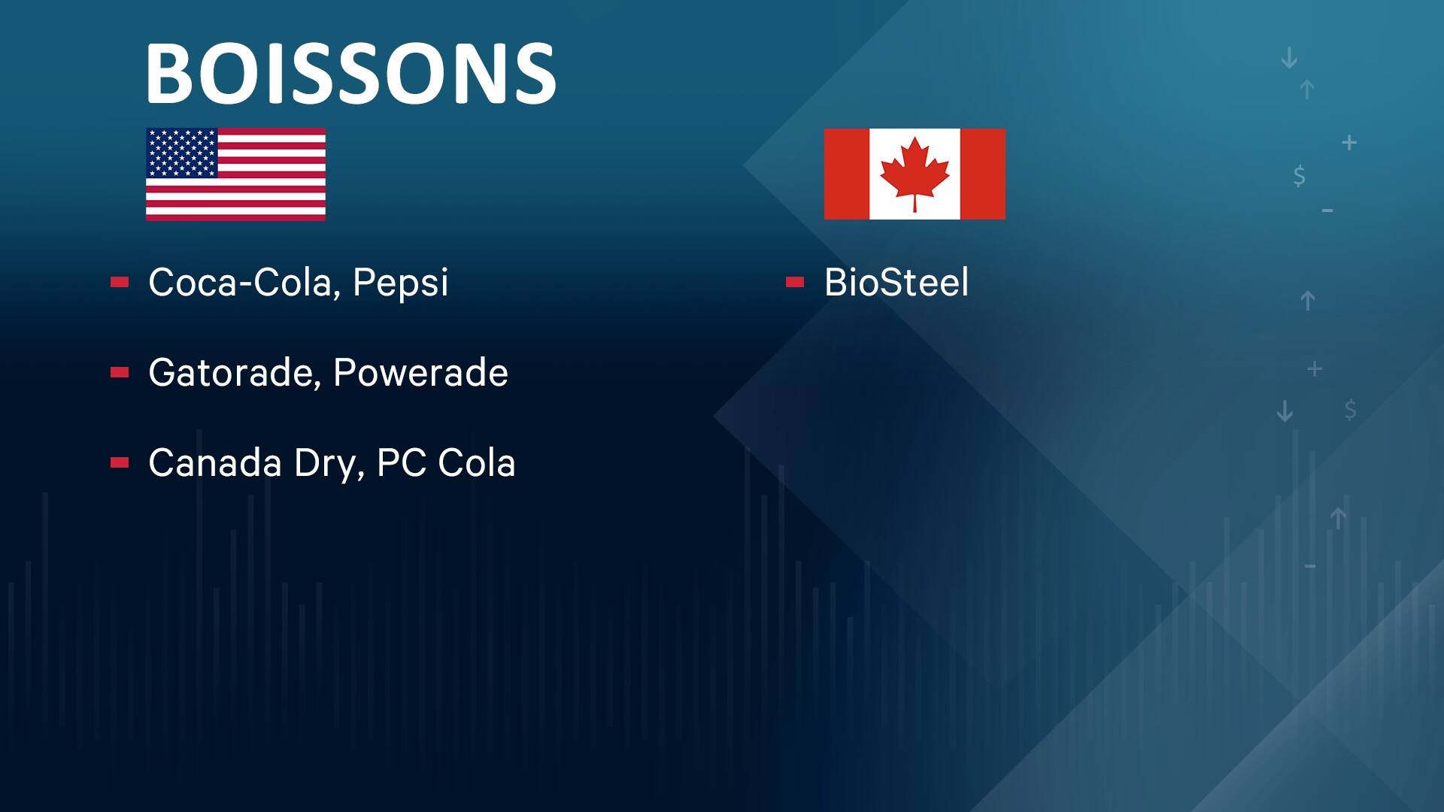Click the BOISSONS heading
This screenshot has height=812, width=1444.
click(350, 73)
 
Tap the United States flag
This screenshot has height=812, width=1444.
click(235, 174)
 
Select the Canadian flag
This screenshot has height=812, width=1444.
click(915, 174)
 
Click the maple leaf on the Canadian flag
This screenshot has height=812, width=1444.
click(915, 172)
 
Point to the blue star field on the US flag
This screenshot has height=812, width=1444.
click(181, 153)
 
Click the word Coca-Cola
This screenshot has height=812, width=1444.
click(239, 283)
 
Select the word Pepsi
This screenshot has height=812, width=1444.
click(400, 283)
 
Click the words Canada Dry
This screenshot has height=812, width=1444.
click(251, 463)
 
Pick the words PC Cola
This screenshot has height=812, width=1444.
click(445, 463)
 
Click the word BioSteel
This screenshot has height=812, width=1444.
click(896, 283)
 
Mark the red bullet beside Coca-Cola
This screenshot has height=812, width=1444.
click(120, 283)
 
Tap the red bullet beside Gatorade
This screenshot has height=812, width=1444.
click(120, 373)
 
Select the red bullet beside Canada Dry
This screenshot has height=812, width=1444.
click(120, 463)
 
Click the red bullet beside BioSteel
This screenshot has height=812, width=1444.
click(795, 283)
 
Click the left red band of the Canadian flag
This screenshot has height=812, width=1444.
click(847, 174)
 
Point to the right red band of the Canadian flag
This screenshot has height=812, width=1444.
click(982, 174)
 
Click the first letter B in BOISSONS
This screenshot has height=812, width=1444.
click(170, 73)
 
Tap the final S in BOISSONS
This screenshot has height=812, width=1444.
click(532, 73)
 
